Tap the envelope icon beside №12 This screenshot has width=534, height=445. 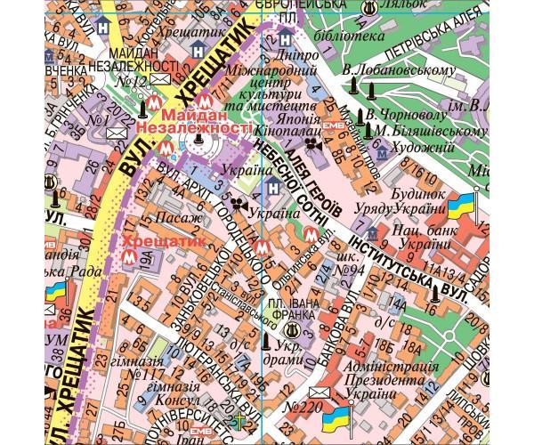(x=160, y=80)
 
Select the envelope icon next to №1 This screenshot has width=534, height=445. (x=117, y=133)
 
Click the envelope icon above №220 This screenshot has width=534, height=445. (x=318, y=392)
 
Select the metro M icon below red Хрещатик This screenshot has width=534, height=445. (x=124, y=258)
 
